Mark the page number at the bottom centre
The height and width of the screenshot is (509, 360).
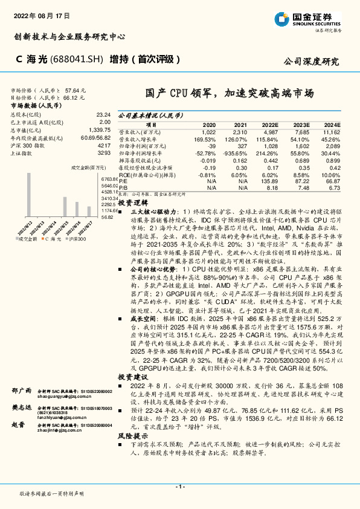click(179, 486)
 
